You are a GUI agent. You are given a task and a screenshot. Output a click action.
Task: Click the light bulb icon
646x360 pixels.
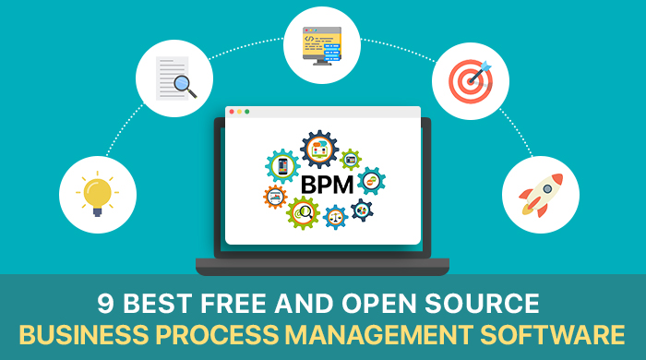click(97, 194)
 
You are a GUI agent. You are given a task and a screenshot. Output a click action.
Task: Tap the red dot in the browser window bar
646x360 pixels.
click(232, 112)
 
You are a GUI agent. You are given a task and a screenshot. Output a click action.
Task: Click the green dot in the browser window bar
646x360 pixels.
click(247, 112)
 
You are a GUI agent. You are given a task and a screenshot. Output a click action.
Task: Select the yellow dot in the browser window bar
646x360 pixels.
click(239, 112)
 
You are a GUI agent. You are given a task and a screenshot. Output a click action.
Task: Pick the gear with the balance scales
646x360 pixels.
click(335, 218)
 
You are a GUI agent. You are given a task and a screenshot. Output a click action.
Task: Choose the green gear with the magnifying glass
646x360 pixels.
click(302, 212)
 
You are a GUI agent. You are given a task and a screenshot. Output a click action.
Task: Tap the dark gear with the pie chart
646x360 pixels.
click(362, 210)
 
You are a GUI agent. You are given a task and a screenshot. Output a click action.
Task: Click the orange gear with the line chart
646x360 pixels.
click(276, 197)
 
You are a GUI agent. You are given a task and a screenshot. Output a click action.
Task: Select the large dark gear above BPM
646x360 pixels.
click(319, 149)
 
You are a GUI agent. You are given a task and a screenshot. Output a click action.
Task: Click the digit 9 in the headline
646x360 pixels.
click(105, 304)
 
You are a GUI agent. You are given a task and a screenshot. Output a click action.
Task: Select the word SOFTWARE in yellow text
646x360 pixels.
click(564, 334)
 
